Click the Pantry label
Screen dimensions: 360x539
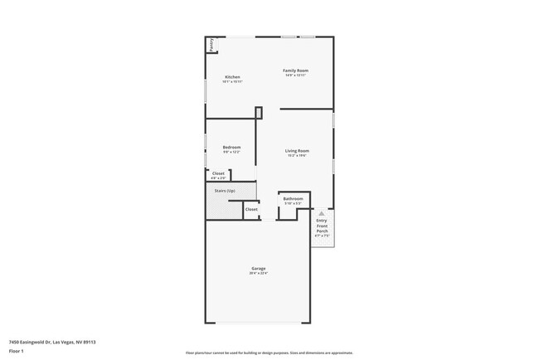tap(211, 45)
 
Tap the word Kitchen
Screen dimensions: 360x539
tap(231, 76)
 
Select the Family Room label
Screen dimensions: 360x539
tap(296, 71)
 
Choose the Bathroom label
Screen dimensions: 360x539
tap(293, 199)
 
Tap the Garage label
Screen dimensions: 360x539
tap(259, 268)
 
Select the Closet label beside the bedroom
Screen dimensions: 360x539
tap(218, 173)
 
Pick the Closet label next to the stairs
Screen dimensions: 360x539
tap(250, 209)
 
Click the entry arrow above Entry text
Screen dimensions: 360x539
tap(322, 213)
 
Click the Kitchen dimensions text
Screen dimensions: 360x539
tap(231, 81)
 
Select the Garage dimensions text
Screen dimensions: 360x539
tap(259, 274)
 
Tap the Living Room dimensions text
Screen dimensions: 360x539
tap(298, 156)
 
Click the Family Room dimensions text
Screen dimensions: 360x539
tap(296, 75)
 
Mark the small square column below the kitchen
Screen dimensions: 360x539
tap(259, 113)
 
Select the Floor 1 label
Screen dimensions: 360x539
tap(16, 352)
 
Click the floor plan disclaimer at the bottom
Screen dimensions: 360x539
tap(269, 352)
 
